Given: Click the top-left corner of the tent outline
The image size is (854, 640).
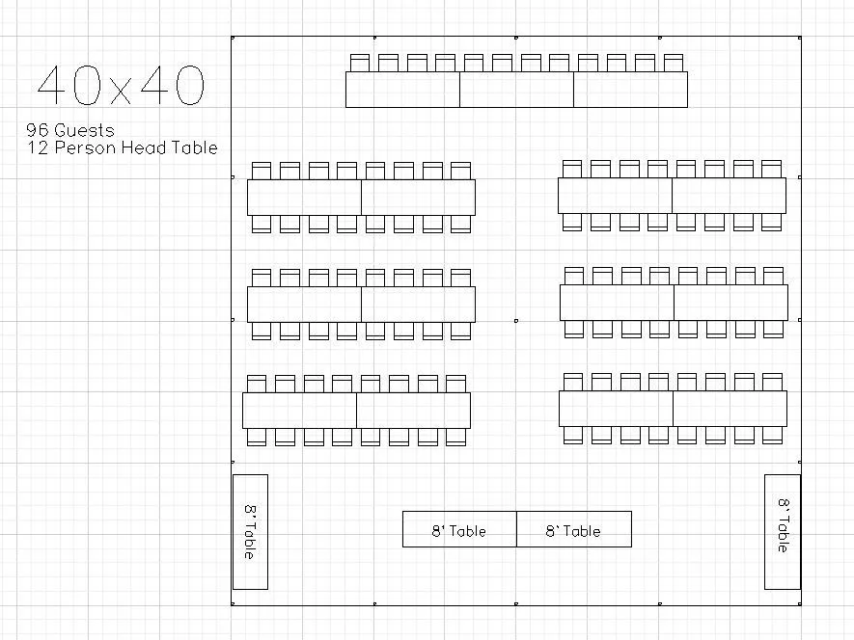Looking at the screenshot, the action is coord(232,37).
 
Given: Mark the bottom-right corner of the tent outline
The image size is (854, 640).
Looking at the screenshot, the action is coord(801,604).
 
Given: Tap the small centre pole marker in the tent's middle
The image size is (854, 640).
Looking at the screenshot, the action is coord(516,321).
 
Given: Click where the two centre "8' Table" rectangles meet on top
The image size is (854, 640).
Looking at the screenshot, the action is coord(517,512).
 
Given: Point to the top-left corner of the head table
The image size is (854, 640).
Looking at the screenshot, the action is coord(346,72).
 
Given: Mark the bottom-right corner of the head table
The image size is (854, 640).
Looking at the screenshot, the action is coord(687,107).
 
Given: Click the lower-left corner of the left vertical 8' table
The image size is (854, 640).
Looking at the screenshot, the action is coord(234,589).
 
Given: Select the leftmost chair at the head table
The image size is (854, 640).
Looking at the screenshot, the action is coord(360,63).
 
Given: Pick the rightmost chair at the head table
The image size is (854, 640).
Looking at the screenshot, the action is coord(674,63).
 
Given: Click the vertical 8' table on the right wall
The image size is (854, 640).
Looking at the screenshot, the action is coord(783,532).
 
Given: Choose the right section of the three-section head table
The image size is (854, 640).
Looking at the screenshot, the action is coord(631,90).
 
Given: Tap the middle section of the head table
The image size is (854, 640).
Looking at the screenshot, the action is coord(517,90).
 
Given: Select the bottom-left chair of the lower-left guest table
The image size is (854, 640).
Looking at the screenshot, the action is coord(257,437).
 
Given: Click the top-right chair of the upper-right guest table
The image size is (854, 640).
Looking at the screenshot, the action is coord(771,170).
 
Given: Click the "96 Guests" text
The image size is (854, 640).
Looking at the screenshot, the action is coord(70,130).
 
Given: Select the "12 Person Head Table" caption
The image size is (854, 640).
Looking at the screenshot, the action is coord(123,147).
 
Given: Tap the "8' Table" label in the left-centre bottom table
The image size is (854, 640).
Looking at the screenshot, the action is coord(458,531).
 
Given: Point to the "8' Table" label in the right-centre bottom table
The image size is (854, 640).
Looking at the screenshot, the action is coord(573,531).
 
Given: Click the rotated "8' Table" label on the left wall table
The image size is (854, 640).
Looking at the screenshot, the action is coord(250,532).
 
